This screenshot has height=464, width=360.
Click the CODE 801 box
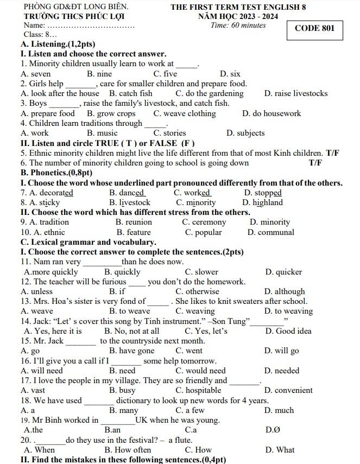(x=314, y=28)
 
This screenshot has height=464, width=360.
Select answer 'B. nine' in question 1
(x=99, y=74)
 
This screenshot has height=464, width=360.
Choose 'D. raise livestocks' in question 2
(x=296, y=93)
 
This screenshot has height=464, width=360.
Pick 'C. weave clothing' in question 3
(x=185, y=113)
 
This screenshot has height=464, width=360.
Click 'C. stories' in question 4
(x=169, y=133)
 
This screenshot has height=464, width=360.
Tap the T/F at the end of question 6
(x=315, y=163)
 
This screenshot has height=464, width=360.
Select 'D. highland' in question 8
(x=262, y=202)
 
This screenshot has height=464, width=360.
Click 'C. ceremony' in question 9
(x=204, y=222)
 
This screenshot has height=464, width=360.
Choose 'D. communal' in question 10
(x=271, y=232)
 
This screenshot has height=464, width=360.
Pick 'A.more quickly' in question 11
(x=51, y=272)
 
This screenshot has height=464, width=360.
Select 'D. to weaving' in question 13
(x=288, y=311)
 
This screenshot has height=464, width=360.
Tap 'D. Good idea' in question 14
(x=288, y=331)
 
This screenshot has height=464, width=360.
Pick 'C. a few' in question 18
(x=190, y=410)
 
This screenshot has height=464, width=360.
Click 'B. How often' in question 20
(x=128, y=449)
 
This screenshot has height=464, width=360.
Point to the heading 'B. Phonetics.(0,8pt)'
(x=56, y=173)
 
